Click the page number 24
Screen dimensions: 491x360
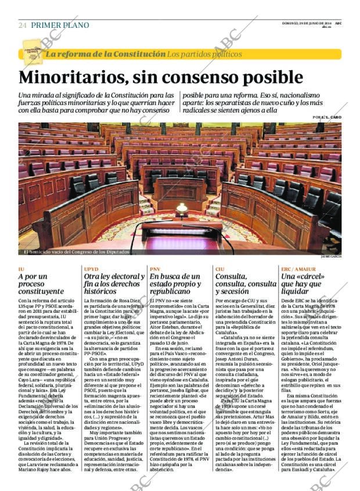coord(22,26)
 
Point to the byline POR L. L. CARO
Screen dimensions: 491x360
coord(326,117)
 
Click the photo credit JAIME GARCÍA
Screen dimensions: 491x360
coord(330,256)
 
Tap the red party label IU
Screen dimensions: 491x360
coord(21,269)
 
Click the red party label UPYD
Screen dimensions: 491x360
coord(91,269)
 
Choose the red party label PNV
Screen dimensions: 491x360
coord(155,269)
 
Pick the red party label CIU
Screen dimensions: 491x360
coord(219,269)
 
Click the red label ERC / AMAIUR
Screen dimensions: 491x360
coord(298,269)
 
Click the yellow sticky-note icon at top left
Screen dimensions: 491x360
coord(32,53)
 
